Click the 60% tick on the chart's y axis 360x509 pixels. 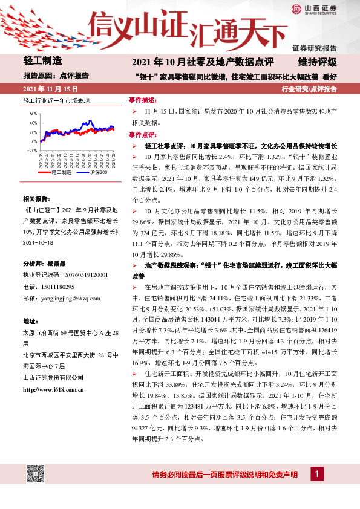(33, 113)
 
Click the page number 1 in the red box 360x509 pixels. (317, 473)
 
